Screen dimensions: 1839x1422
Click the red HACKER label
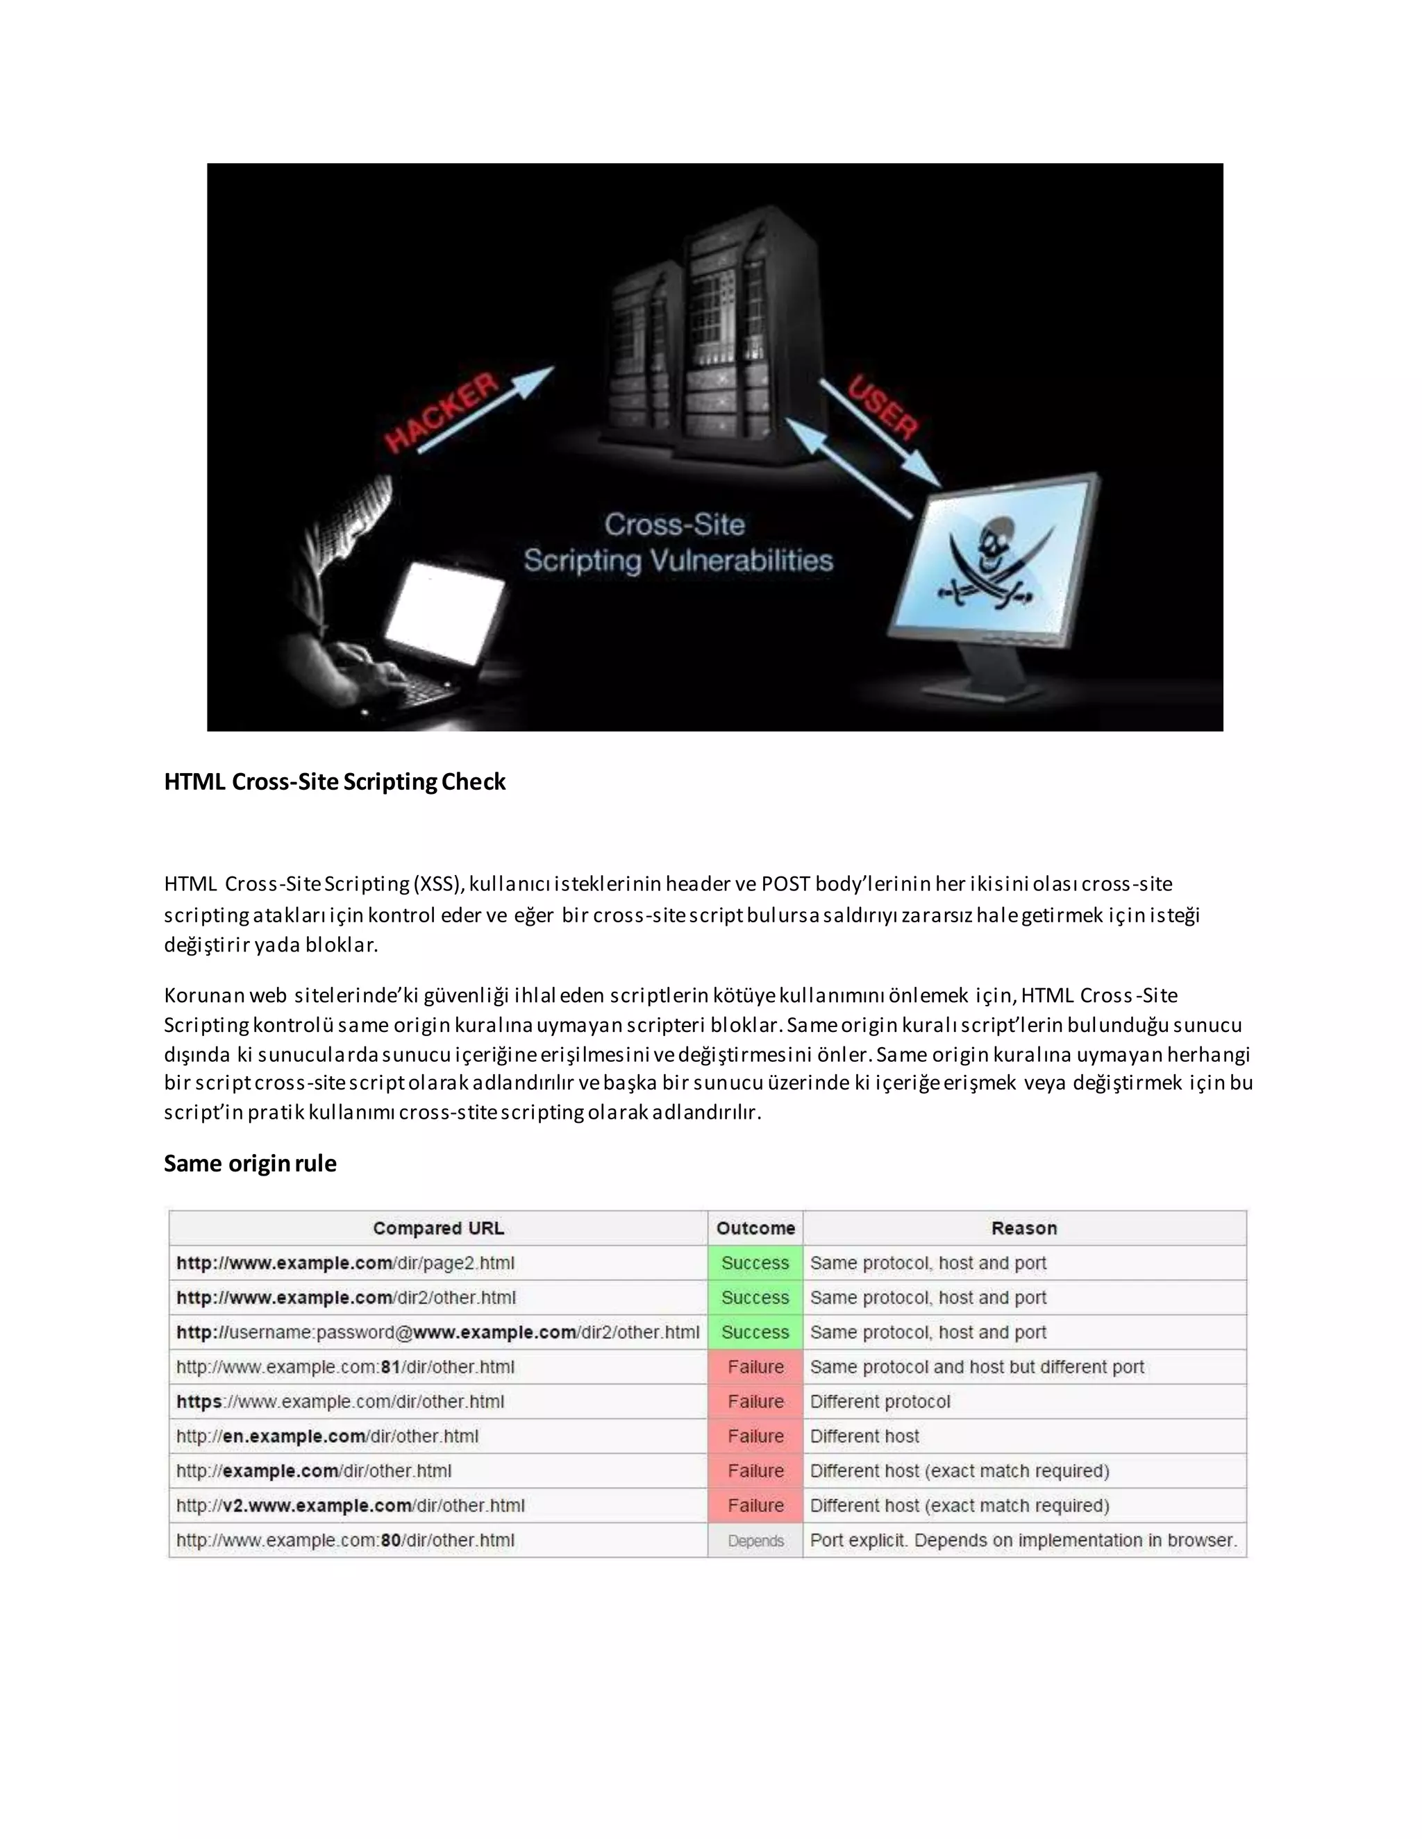click(442, 414)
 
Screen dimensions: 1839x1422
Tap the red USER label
click(883, 407)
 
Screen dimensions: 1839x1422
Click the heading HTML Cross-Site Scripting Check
click(335, 781)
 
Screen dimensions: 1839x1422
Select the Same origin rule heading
click(250, 1163)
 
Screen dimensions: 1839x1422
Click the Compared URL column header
click(438, 1228)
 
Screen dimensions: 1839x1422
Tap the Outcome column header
click(755, 1228)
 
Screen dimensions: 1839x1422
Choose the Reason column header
click(1023, 1228)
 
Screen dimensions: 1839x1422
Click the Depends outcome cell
click(755, 1540)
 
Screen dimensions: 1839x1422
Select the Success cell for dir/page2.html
click(755, 1263)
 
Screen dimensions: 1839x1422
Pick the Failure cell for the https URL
click(755, 1401)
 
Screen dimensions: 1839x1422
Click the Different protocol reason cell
click(880, 1401)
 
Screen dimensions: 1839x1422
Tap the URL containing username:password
click(438, 1332)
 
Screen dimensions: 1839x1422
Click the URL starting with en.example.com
click(328, 1436)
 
